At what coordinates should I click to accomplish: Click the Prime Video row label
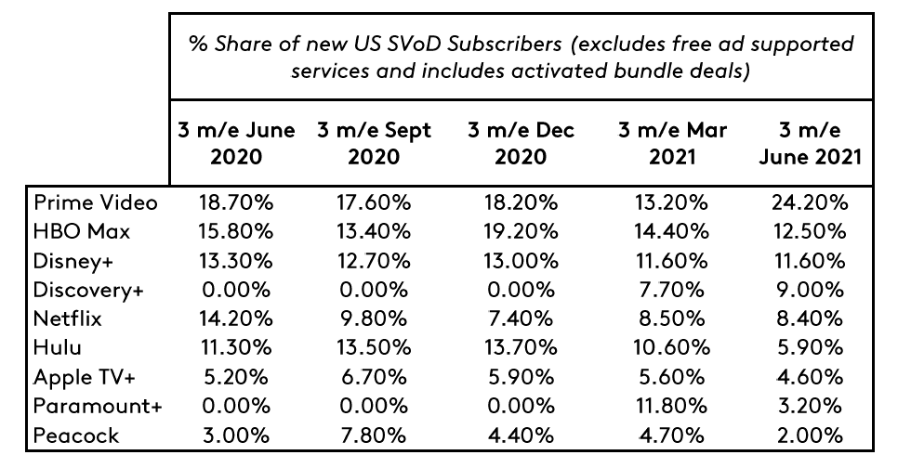tap(96, 202)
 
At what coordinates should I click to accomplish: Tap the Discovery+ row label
tap(88, 290)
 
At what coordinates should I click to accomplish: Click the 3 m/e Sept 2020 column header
tap(374, 143)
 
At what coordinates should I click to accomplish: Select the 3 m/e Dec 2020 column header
tap(521, 143)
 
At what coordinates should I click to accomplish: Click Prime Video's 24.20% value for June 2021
tap(809, 202)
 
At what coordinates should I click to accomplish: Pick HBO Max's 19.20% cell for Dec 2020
tap(521, 231)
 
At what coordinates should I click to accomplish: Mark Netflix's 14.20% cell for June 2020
tap(235, 318)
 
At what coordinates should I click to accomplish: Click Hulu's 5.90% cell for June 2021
tap(809, 348)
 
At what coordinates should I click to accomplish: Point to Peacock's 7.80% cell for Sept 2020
tap(374, 435)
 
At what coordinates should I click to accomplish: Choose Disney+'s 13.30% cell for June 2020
tap(235, 261)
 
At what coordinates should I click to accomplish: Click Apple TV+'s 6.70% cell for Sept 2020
tap(374, 377)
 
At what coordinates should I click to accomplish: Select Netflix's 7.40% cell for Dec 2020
tap(521, 318)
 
